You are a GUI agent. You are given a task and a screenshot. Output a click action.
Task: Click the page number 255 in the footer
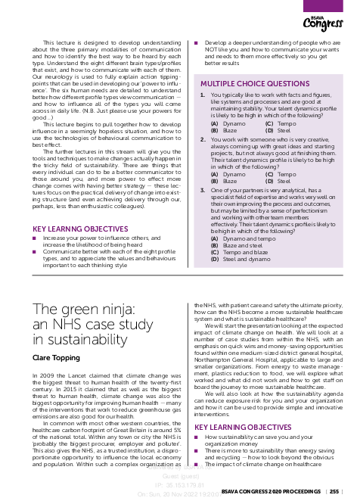tap(334, 491)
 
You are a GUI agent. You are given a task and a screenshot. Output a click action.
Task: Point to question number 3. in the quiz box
tap(203, 191)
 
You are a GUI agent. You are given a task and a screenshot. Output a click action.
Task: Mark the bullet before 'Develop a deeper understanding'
tap(196, 44)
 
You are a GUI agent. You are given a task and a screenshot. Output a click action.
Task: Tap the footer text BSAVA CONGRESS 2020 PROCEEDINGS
tap(270, 491)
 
